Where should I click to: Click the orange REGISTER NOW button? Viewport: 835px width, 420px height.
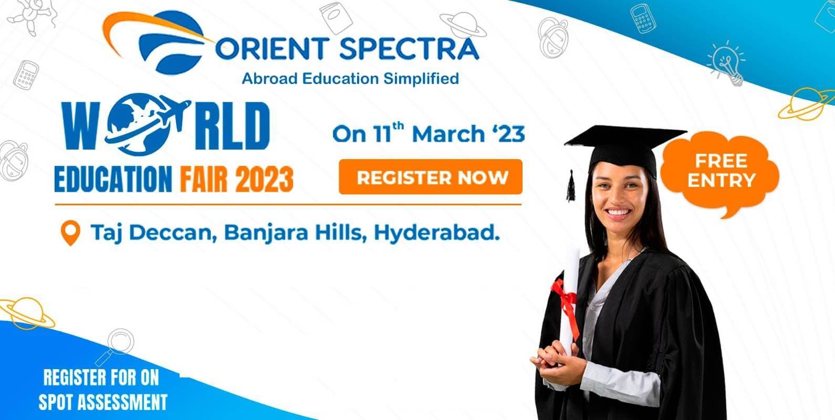click(x=431, y=177)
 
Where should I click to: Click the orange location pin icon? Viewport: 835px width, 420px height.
click(x=70, y=233)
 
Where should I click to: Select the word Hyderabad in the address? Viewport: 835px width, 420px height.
click(x=436, y=233)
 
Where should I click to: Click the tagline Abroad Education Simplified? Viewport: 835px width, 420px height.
click(x=350, y=79)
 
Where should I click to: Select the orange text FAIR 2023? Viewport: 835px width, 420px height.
click(x=236, y=179)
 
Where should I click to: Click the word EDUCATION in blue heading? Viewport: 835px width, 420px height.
click(x=113, y=179)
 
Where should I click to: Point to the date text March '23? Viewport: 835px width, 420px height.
click(x=468, y=134)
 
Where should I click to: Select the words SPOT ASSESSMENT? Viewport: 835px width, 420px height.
click(x=103, y=402)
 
